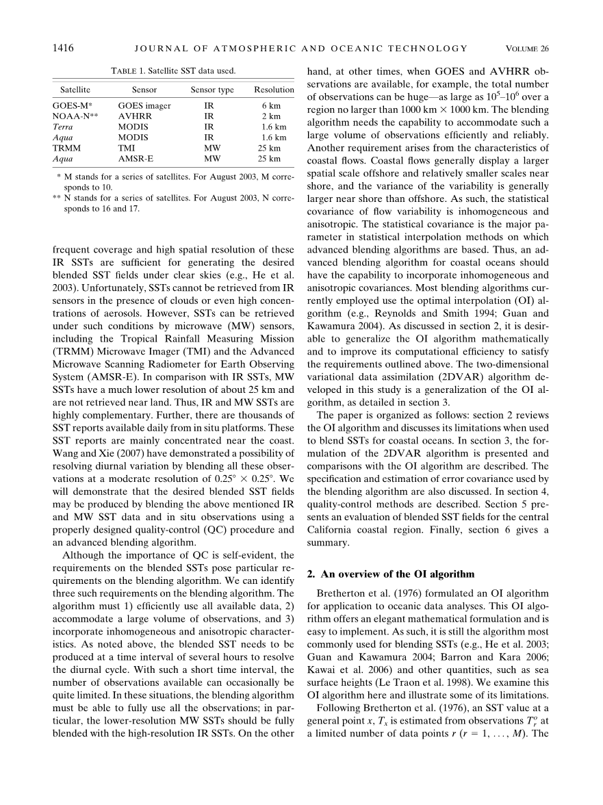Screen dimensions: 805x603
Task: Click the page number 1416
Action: click(x=62, y=48)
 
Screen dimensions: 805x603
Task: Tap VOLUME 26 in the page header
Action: click(x=527, y=49)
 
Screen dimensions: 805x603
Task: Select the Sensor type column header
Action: click(x=212, y=90)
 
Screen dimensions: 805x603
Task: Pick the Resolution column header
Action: click(x=274, y=90)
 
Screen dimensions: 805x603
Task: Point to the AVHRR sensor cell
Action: click(x=133, y=117)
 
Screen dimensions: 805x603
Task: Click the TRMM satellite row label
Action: click(x=66, y=148)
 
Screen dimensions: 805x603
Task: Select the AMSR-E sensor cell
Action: click(x=137, y=159)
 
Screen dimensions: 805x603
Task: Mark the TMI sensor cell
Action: click(x=127, y=148)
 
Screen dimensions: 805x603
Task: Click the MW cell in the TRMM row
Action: click(x=211, y=148)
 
